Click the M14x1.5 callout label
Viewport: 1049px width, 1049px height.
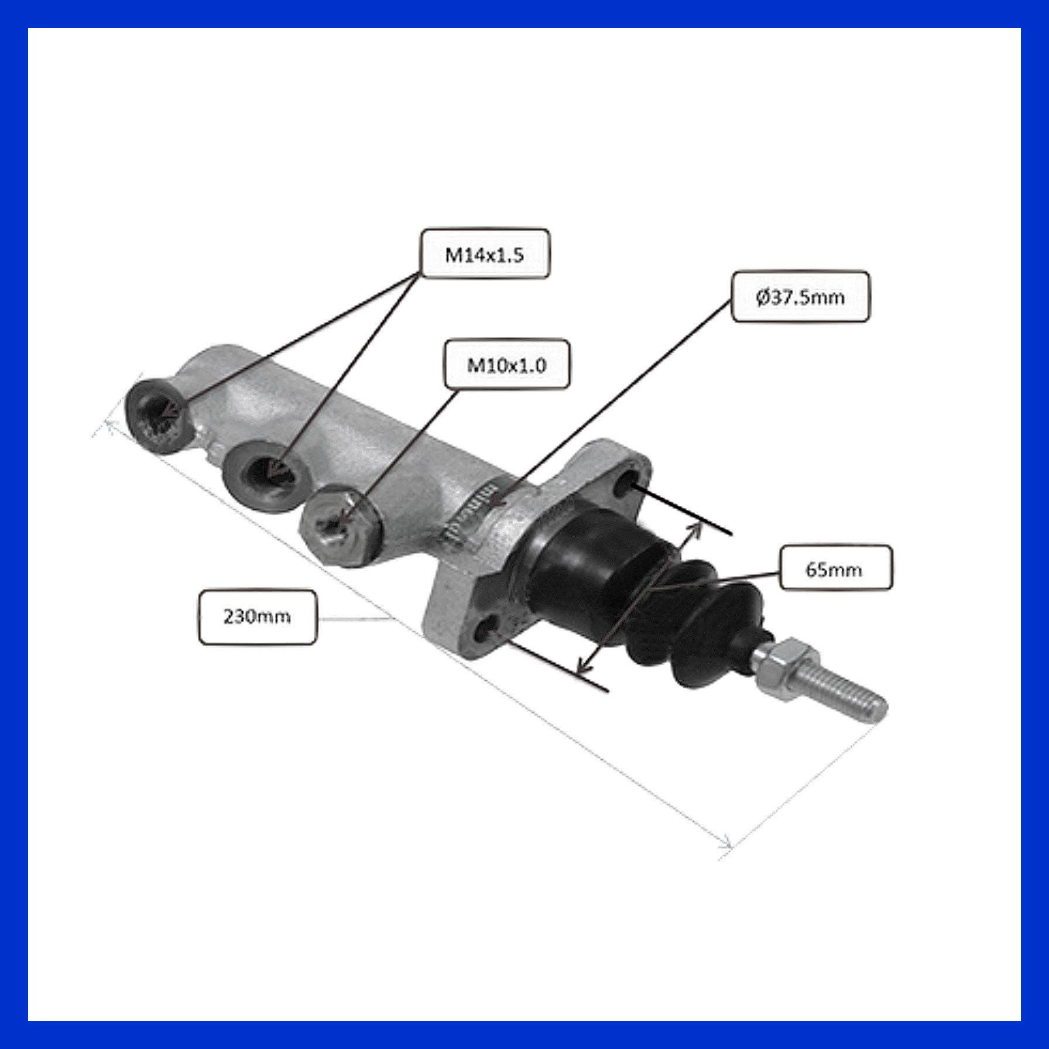[x=485, y=253]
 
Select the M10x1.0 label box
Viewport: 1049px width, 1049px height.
[x=507, y=364]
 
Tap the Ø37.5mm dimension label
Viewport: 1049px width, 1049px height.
[x=800, y=296]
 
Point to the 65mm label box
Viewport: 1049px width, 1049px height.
[x=835, y=568]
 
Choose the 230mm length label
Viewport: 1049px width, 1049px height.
[x=258, y=617]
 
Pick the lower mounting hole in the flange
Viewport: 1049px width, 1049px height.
[x=488, y=629]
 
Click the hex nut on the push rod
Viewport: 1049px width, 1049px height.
[x=779, y=663]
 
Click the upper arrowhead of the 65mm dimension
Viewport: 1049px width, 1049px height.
[x=697, y=528]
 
